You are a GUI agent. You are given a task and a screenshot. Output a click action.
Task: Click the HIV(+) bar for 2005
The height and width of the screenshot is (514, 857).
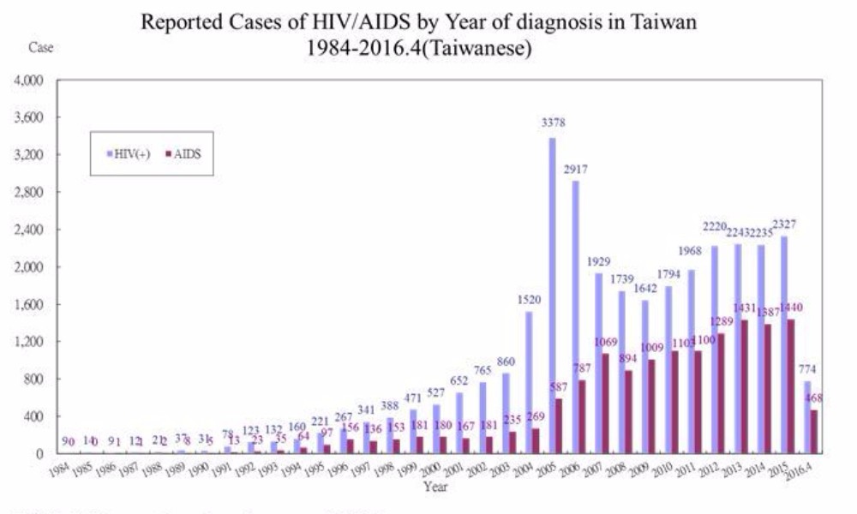552,296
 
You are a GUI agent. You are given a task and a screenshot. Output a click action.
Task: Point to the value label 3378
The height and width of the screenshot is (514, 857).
553,123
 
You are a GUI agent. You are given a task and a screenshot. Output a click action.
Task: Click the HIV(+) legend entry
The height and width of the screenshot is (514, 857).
129,155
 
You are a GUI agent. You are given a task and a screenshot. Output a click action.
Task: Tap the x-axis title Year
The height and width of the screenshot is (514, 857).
434,487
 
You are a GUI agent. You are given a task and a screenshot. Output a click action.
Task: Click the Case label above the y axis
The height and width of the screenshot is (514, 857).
41,48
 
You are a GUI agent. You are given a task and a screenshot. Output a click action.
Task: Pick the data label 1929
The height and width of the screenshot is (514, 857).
599,260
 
